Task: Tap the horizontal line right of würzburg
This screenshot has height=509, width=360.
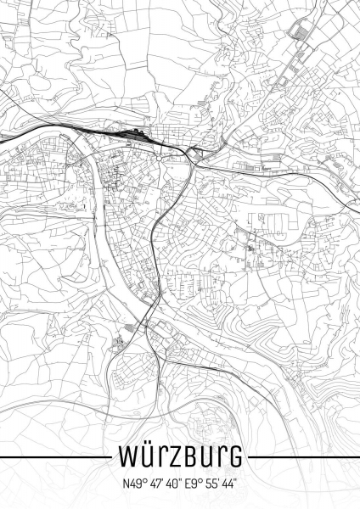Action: (x=302, y=457)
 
